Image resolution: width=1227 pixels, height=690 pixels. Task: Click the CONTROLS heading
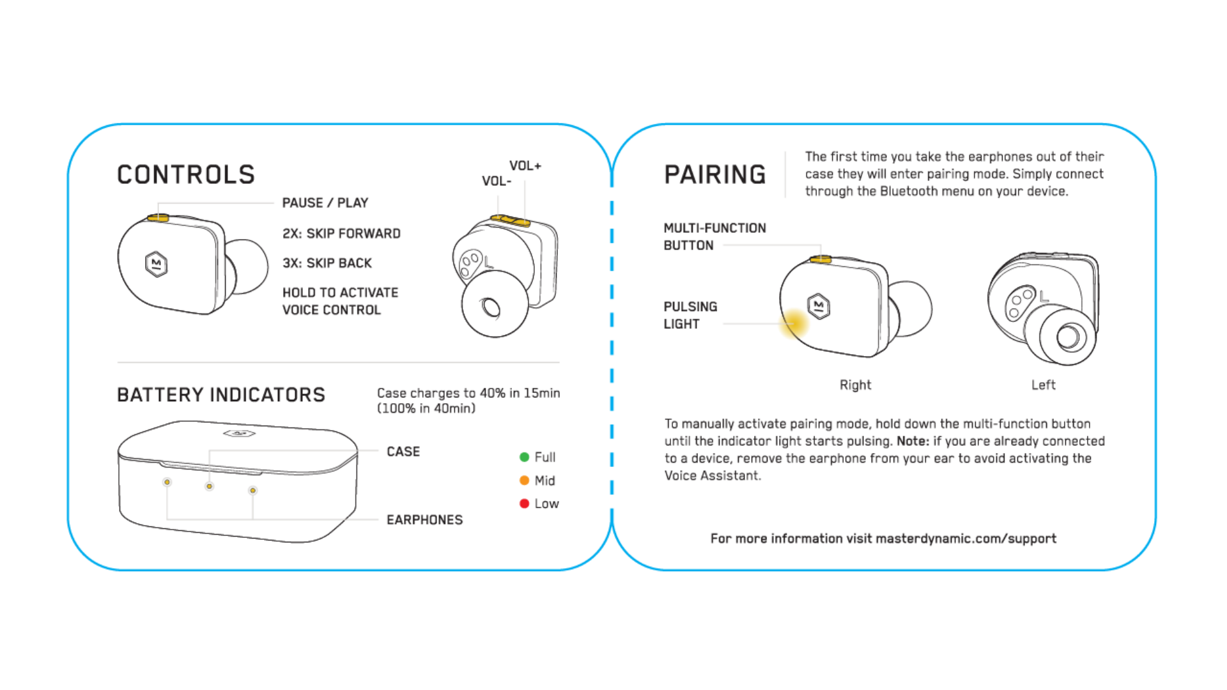click(186, 174)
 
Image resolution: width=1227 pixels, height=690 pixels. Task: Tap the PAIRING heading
click(714, 174)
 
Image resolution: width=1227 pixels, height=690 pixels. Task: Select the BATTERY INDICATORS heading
click(221, 395)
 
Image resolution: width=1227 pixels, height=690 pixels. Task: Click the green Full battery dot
click(525, 457)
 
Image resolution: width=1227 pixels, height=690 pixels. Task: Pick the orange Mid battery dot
click(525, 480)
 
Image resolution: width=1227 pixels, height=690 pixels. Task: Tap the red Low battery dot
click(525, 503)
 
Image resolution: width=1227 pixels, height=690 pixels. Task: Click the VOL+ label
click(525, 166)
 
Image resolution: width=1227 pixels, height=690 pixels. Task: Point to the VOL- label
click(497, 181)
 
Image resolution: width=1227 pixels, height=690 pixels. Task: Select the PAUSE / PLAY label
click(325, 203)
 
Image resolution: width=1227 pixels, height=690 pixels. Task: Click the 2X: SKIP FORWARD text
click(341, 234)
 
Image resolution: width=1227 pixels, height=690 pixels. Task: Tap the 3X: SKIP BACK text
click(327, 263)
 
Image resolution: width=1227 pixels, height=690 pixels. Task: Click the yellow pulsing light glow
click(794, 323)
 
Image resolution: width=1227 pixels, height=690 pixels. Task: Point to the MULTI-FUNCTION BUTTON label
click(714, 236)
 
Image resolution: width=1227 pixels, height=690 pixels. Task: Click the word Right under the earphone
click(855, 385)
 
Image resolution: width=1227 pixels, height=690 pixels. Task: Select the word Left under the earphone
click(1043, 385)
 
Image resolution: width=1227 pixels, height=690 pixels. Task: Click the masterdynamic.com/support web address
click(966, 539)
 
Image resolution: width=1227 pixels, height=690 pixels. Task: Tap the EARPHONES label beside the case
click(424, 520)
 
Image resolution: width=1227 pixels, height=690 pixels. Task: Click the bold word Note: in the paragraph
click(913, 441)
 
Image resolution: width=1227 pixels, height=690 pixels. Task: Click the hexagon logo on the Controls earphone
click(157, 264)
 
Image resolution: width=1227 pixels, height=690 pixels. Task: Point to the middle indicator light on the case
click(209, 487)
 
